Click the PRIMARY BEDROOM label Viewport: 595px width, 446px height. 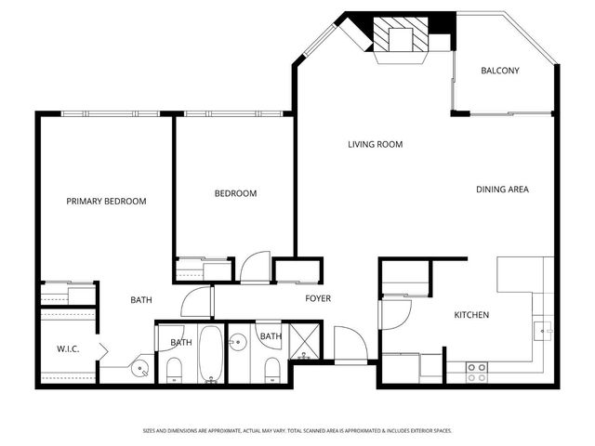(x=106, y=201)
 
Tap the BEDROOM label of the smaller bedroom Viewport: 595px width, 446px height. (x=235, y=193)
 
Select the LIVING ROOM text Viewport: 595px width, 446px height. (x=375, y=144)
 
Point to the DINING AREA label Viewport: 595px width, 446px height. (x=502, y=190)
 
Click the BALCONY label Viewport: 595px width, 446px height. (x=499, y=72)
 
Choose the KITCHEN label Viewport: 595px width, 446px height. (x=471, y=315)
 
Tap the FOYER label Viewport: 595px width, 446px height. (x=318, y=298)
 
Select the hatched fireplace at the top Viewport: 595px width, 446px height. (x=402, y=38)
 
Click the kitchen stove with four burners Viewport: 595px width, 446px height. (x=477, y=373)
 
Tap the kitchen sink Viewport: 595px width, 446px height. (x=546, y=330)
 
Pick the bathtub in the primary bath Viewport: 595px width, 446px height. (x=211, y=354)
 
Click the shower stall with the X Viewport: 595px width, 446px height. (x=304, y=342)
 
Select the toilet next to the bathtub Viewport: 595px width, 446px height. (x=175, y=372)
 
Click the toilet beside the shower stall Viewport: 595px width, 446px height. (x=271, y=372)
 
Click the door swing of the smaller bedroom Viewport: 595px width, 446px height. (x=253, y=268)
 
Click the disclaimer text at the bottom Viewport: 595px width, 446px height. (x=297, y=431)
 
